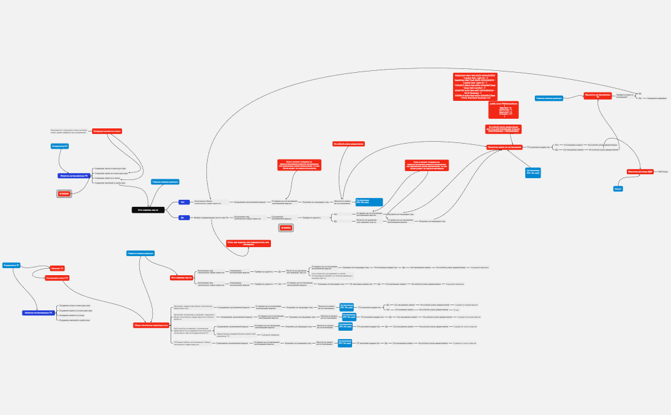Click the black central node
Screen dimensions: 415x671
(x=148, y=209)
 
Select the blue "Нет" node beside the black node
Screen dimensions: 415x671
(x=184, y=202)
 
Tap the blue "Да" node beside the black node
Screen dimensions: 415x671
(x=184, y=218)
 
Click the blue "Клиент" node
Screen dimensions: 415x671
(x=618, y=189)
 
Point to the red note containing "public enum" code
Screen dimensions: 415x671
(x=502, y=109)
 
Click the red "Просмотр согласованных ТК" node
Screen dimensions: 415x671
(x=602, y=96)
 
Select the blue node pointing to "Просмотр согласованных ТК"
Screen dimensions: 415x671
(x=548, y=98)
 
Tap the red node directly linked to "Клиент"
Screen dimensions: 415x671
(x=640, y=172)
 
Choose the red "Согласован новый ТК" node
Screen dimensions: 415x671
(x=57, y=278)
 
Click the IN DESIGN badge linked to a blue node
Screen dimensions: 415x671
(x=64, y=193)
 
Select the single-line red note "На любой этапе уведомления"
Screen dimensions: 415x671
(x=348, y=144)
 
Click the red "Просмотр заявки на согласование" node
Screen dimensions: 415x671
(x=504, y=147)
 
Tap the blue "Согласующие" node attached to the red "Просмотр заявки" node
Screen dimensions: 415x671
(x=532, y=172)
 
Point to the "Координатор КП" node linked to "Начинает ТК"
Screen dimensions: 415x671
(x=11, y=264)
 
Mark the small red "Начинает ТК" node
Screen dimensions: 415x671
(x=57, y=268)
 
